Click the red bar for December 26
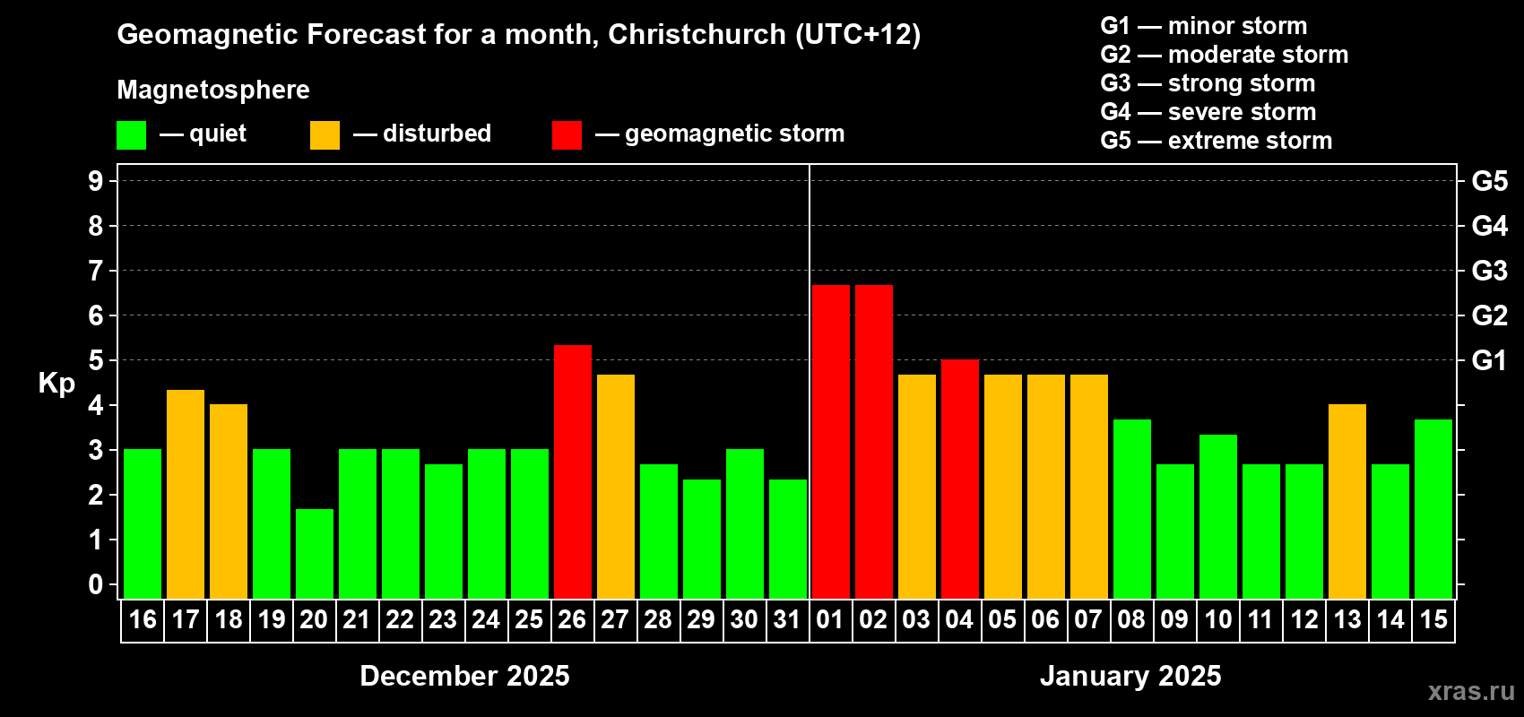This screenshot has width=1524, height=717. point(572,471)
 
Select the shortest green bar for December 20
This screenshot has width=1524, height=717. point(314,554)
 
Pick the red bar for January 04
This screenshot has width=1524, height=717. point(959,479)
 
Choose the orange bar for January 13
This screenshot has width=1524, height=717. point(1346,501)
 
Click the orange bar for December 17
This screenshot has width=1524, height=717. point(185,494)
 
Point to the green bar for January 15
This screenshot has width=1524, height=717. point(1433,509)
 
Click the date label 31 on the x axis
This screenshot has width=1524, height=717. point(787,619)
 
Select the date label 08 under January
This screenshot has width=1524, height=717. point(1131,619)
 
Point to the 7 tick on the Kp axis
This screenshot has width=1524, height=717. point(96,271)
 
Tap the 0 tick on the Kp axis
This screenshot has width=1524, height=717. point(96,584)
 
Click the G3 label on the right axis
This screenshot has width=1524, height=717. point(1489,271)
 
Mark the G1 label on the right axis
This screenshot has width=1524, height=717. point(1489,360)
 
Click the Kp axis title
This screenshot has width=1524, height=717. point(56,383)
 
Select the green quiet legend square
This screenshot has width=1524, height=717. point(131,134)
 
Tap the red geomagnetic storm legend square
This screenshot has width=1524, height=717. point(567,134)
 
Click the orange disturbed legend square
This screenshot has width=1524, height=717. point(325,134)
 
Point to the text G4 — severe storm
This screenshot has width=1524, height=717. point(1208,112)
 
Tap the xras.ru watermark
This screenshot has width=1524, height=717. point(1470,690)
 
